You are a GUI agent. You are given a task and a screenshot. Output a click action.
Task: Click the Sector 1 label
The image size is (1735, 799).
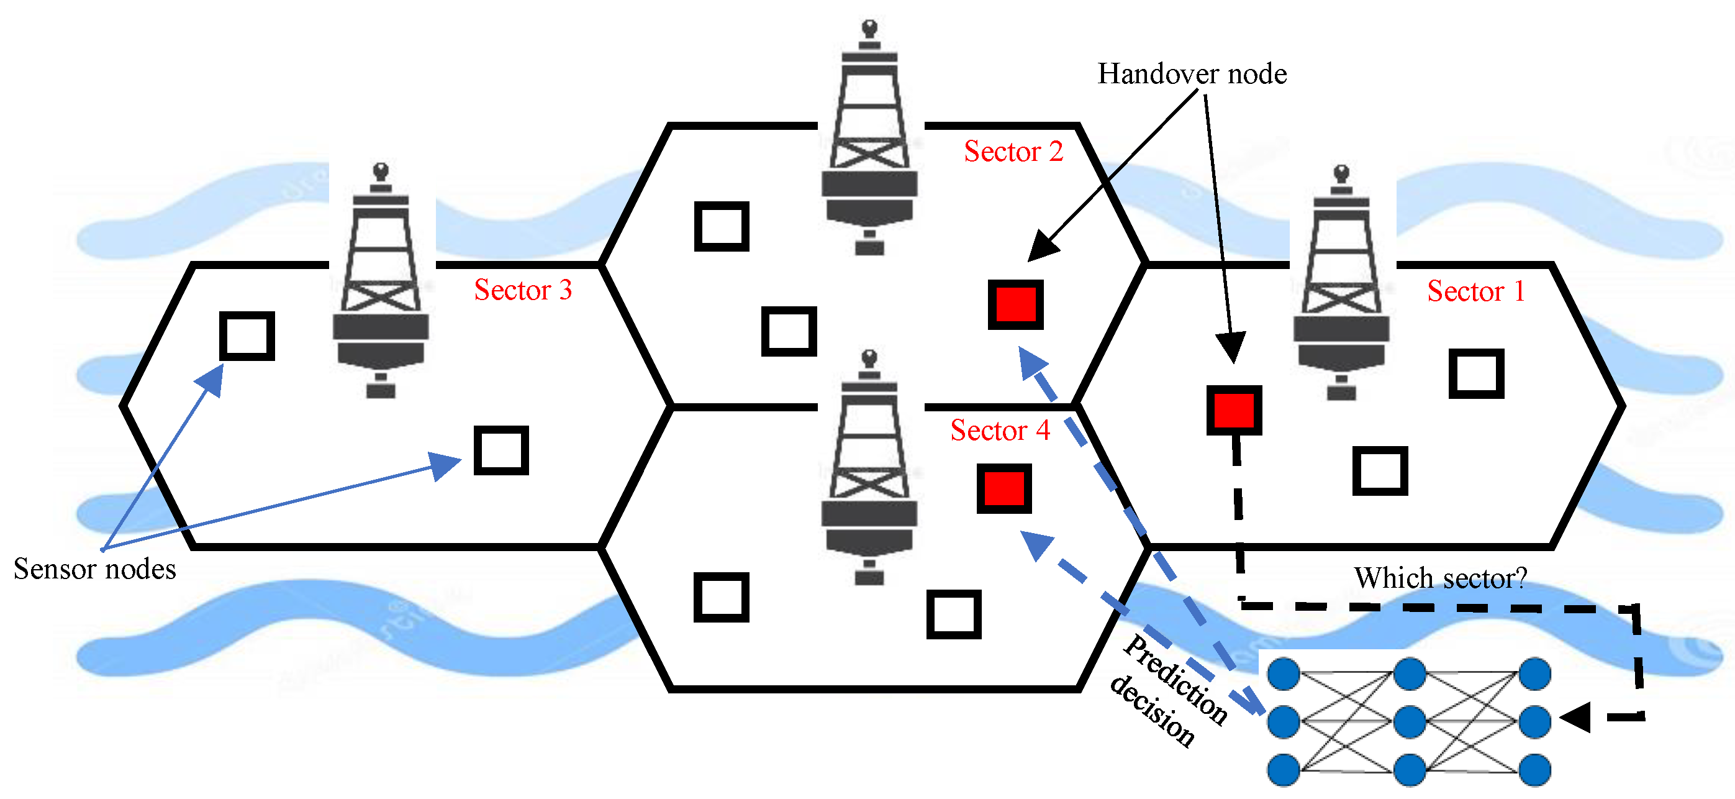[1475, 291]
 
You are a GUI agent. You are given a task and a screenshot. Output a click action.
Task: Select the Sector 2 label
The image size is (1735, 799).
[1013, 151]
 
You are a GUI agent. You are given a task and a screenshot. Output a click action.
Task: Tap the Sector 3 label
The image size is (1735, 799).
[523, 290]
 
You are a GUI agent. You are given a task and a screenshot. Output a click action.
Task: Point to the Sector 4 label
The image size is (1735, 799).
[1000, 430]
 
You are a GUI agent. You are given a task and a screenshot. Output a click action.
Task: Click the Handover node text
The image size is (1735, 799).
[1192, 73]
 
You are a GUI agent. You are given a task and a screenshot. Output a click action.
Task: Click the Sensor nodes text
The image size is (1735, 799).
[94, 569]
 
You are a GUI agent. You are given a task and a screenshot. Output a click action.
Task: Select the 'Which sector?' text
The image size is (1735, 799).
[1440, 578]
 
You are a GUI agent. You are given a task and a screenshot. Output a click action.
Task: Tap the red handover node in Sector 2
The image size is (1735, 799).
[1016, 304]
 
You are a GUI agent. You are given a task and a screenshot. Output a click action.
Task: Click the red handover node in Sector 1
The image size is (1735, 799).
[1234, 410]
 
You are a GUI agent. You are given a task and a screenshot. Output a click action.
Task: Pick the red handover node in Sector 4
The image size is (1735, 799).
[1003, 488]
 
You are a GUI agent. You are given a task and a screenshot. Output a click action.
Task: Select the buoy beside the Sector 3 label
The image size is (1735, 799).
[381, 283]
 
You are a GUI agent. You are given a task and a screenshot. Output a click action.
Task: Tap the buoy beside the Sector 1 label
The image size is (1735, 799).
[1341, 283]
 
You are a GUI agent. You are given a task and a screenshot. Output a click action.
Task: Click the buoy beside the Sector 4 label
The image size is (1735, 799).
[869, 468]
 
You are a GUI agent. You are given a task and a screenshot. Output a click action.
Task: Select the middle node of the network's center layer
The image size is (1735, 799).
[1409, 721]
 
